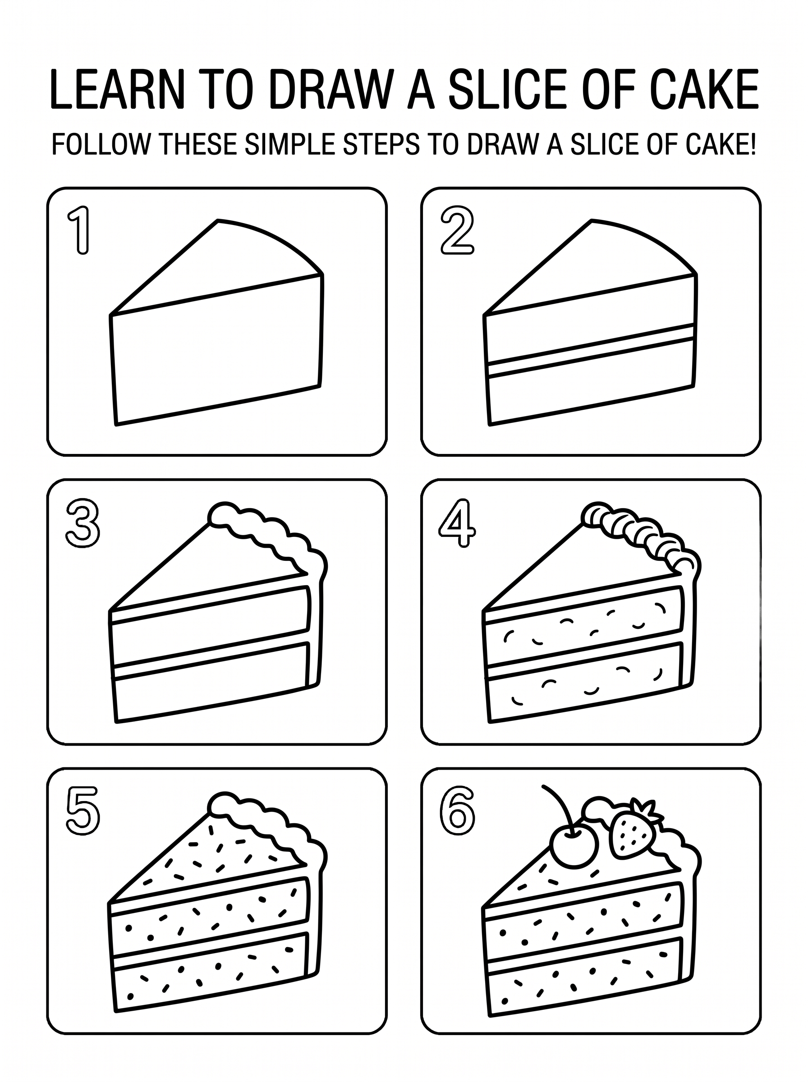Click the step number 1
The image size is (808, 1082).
[x=80, y=230]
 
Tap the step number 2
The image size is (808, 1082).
[x=457, y=230]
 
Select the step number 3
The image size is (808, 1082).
[x=83, y=524]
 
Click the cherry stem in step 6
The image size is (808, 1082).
[x=562, y=806]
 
